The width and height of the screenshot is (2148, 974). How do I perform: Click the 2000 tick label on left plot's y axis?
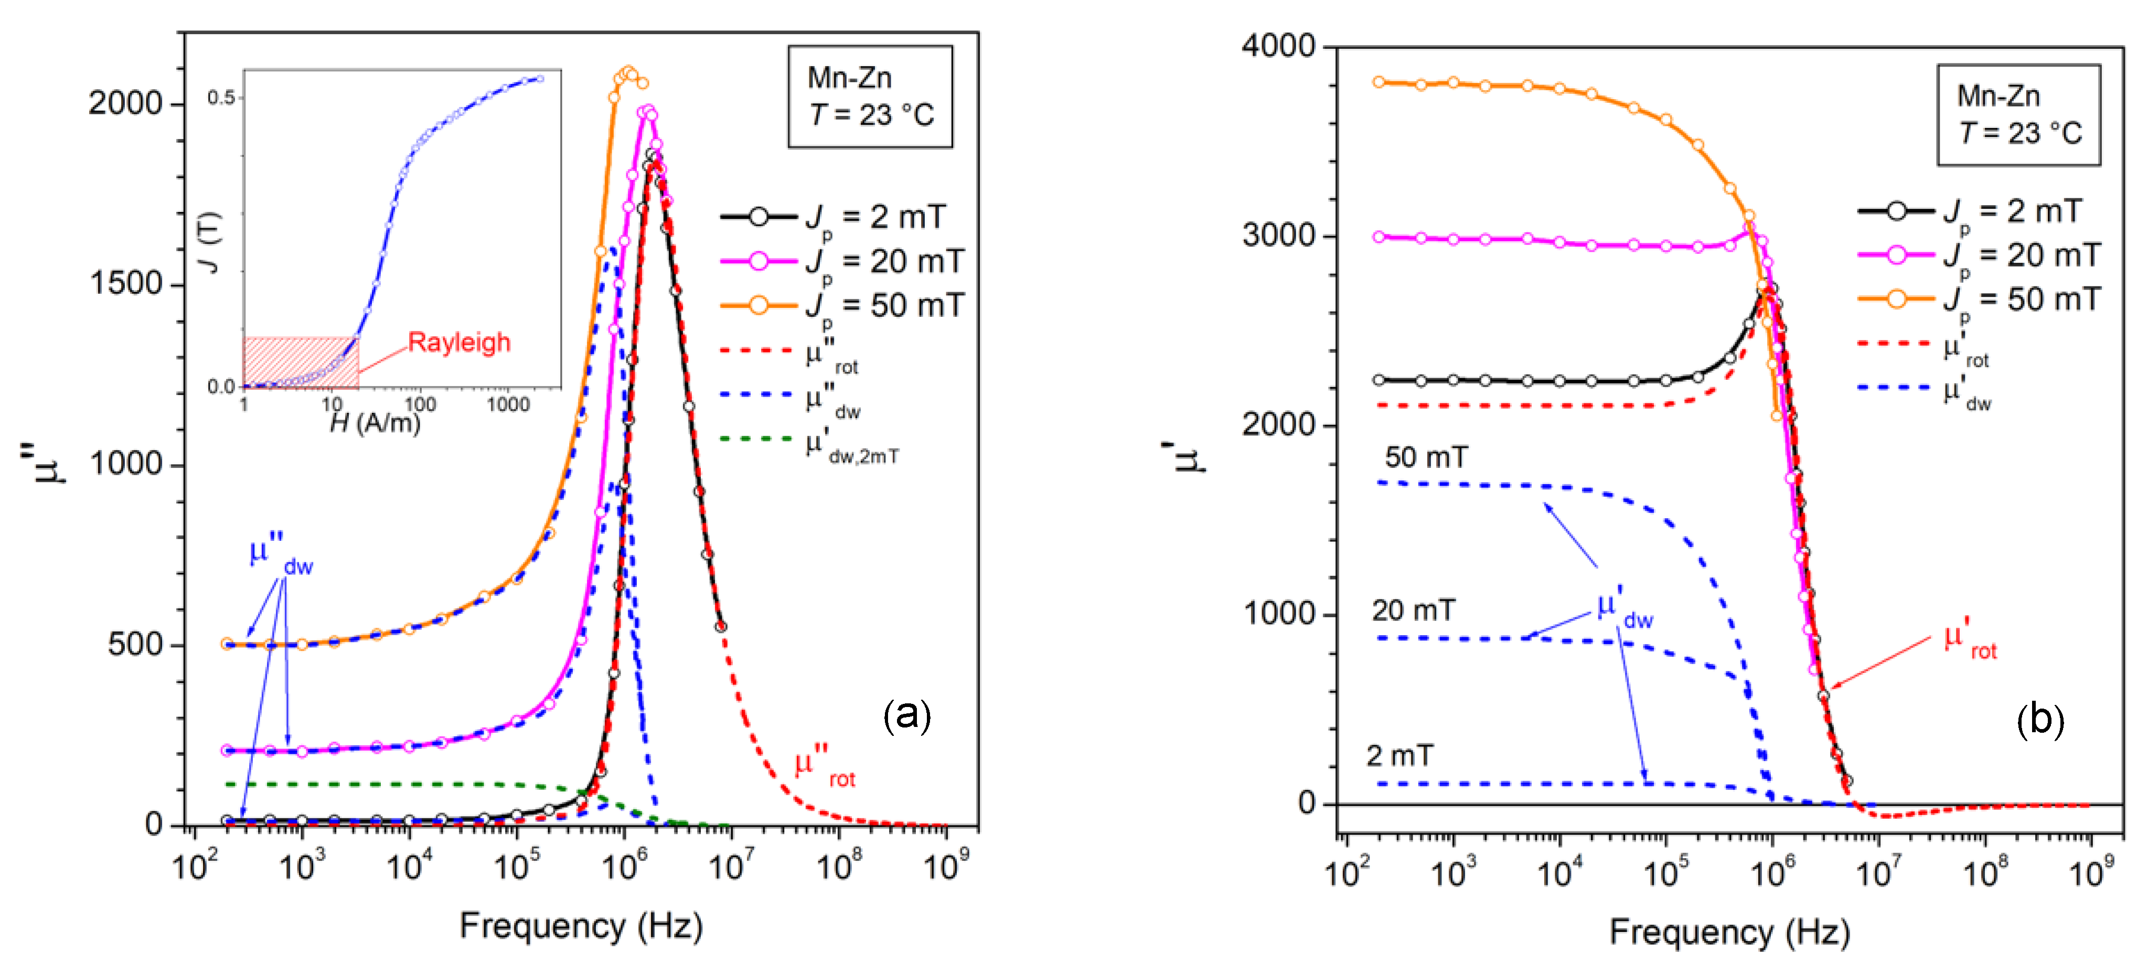pyautogui.click(x=125, y=103)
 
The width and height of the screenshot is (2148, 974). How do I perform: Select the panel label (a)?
pyautogui.click(x=907, y=715)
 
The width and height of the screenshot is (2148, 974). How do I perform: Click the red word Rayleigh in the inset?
pyautogui.click(x=458, y=342)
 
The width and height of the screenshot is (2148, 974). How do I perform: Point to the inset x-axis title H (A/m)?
pyautogui.click(x=375, y=424)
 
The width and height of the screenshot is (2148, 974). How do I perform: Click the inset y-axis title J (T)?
pyautogui.click(x=210, y=242)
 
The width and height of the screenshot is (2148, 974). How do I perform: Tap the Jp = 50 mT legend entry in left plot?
pyautogui.click(x=842, y=306)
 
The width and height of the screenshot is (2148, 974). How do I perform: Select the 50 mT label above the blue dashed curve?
pyautogui.click(x=1426, y=457)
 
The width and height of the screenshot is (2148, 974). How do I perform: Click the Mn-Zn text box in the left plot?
pyautogui.click(x=870, y=97)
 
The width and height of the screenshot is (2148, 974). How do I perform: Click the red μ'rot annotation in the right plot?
pyautogui.click(x=1970, y=640)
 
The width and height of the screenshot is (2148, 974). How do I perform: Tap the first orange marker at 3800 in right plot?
pyautogui.click(x=1379, y=82)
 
